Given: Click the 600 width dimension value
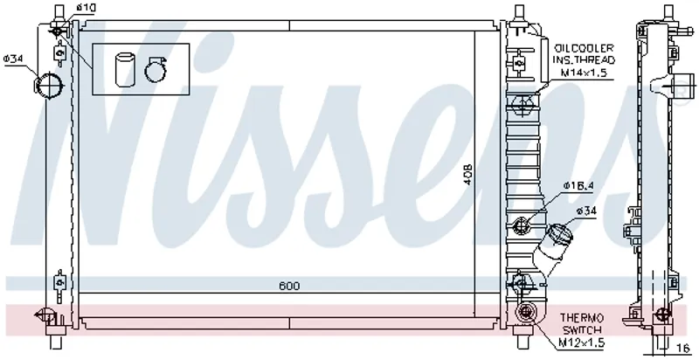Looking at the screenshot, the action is pyautogui.click(x=289, y=286).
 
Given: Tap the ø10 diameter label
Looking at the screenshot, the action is pyautogui.click(x=86, y=8).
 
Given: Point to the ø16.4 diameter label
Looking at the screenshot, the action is pyautogui.click(x=578, y=185).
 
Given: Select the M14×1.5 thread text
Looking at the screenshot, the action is pyautogui.click(x=584, y=73).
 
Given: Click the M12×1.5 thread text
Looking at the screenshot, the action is pyautogui.click(x=582, y=343).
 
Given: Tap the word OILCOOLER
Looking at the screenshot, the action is pyautogui.click(x=584, y=48).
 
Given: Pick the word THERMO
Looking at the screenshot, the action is pyautogui.click(x=582, y=318).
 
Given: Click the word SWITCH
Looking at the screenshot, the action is pyautogui.click(x=582, y=330).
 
